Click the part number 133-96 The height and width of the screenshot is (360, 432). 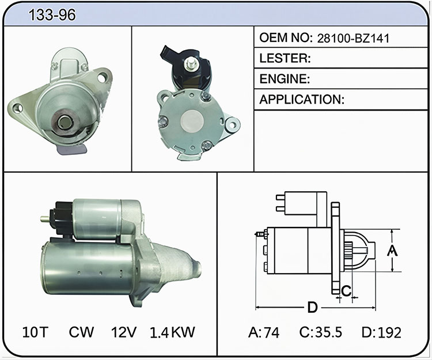tap(52, 14)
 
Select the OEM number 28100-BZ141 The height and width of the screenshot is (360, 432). tap(353, 38)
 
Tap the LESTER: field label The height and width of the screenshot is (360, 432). tap(285, 58)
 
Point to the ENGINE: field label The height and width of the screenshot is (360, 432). tap(285, 79)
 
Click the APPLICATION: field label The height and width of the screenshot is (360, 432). tap(302, 100)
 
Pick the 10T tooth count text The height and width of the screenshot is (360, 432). tap(35, 332)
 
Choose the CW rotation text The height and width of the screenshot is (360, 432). tap(81, 332)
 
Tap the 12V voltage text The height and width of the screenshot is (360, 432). tap(124, 332)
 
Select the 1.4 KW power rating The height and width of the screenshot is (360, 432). tap(172, 332)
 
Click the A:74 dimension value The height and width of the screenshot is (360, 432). tap(264, 332)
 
